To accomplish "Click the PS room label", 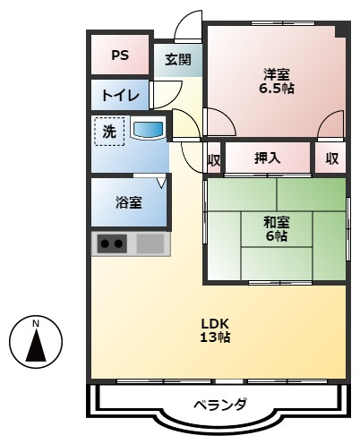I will [119, 55].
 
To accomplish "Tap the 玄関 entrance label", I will [177, 60].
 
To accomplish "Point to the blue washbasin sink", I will [148, 131].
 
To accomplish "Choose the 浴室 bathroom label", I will [128, 202].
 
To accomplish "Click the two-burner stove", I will [113, 243].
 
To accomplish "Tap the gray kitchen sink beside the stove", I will [150, 243].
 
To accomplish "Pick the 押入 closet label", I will [267, 159].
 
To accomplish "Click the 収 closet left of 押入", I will [214, 159].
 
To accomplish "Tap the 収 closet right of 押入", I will [330, 159].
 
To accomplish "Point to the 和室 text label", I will [276, 221].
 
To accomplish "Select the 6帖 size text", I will [276, 236].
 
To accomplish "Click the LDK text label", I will [215, 323].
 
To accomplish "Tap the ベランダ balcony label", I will [220, 404].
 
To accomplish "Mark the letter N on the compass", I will [36, 323].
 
